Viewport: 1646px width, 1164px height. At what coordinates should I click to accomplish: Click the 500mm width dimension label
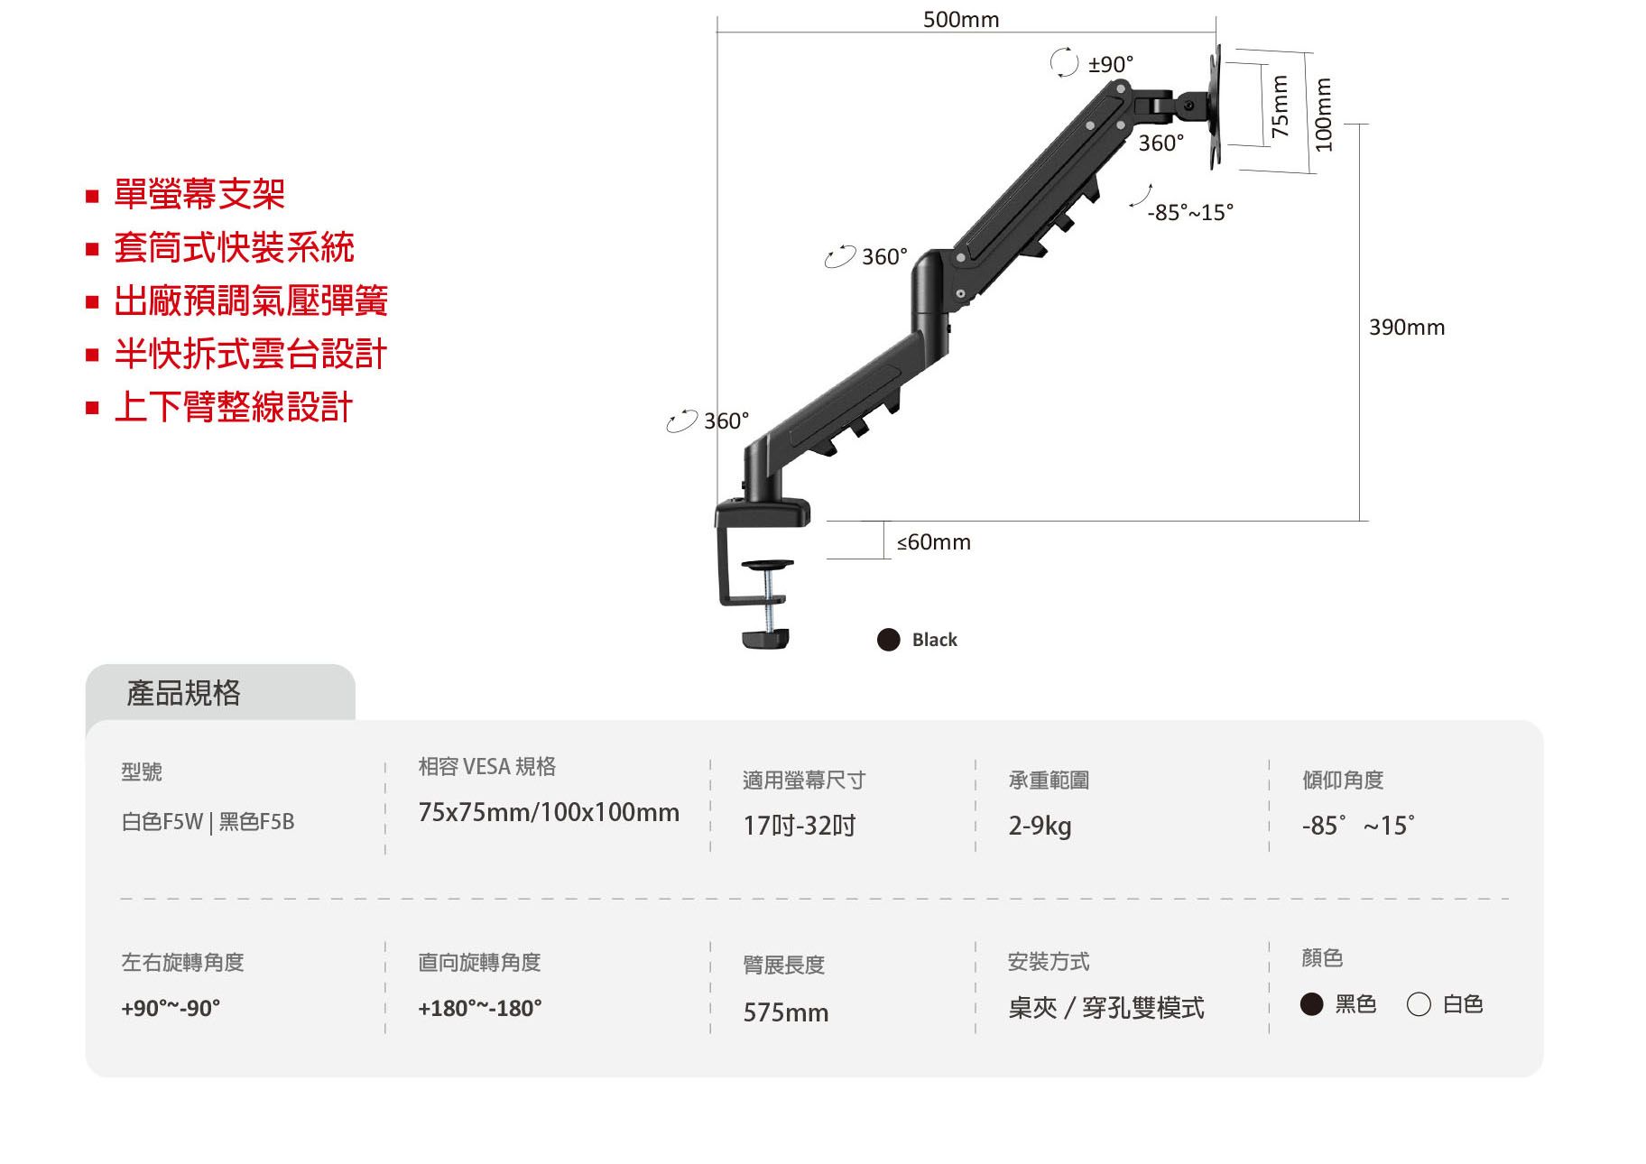pyautogui.click(x=960, y=19)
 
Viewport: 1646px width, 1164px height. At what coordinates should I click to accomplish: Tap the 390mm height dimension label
pyautogui.click(x=1406, y=328)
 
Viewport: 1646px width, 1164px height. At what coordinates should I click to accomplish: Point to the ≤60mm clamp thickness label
pyautogui.click(x=933, y=542)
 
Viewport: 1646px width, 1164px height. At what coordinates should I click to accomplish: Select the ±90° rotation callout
pyautogui.click(x=1110, y=64)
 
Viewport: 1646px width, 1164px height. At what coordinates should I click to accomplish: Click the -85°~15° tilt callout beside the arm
pyautogui.click(x=1189, y=212)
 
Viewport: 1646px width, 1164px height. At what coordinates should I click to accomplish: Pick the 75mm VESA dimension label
pyautogui.click(x=1279, y=106)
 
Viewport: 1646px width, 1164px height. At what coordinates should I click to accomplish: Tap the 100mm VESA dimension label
pyautogui.click(x=1323, y=115)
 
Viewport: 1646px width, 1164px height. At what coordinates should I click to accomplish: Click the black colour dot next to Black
pyautogui.click(x=889, y=640)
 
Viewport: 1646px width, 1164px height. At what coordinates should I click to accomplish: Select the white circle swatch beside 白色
pyautogui.click(x=1419, y=1004)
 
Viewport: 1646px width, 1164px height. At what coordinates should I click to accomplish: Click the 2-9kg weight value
pyautogui.click(x=1040, y=826)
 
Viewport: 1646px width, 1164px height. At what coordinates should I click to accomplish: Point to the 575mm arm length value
pyautogui.click(x=785, y=1012)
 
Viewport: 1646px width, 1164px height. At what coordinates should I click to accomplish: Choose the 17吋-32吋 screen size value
pyautogui.click(x=799, y=826)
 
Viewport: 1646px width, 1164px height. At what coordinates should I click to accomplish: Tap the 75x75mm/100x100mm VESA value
pyautogui.click(x=549, y=812)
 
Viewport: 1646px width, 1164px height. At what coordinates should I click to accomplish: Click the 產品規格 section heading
pyautogui.click(x=183, y=693)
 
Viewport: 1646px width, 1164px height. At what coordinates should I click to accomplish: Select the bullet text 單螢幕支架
pyautogui.click(x=199, y=194)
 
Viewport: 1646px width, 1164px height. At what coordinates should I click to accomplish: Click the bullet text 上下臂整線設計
pyautogui.click(x=233, y=407)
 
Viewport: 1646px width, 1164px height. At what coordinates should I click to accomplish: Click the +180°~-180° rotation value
pyautogui.click(x=479, y=1008)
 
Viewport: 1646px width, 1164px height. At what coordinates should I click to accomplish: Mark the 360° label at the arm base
pyautogui.click(x=726, y=421)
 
